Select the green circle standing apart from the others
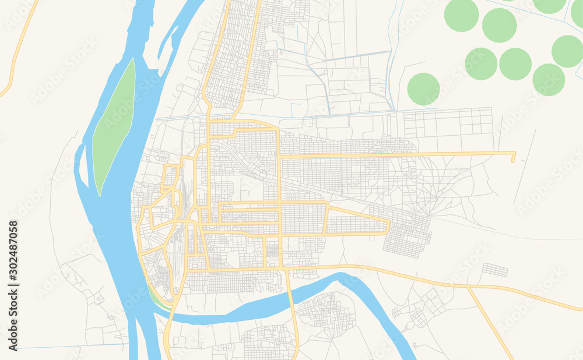[423, 89]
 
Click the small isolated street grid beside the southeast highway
[494, 270]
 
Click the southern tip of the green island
[100, 194]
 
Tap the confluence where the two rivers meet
[146, 317]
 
